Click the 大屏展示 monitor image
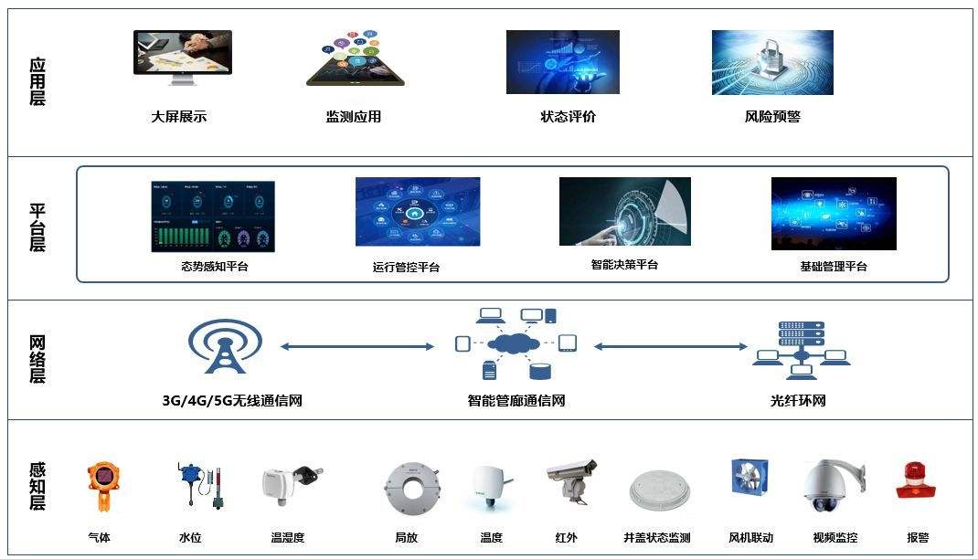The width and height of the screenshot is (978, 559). (183, 58)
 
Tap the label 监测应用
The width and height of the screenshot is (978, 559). (353, 117)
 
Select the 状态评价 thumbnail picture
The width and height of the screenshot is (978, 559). (562, 62)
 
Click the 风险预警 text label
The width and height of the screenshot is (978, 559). (772, 117)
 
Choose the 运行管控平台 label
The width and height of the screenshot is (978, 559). (406, 268)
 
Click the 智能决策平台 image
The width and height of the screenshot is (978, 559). (624, 211)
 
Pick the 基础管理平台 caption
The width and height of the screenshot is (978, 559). (833, 267)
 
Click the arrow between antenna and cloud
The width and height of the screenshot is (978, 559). (356, 346)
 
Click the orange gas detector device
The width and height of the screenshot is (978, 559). (101, 488)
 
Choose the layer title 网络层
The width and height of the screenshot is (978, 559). (37, 360)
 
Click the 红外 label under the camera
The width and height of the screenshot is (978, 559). (566, 538)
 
